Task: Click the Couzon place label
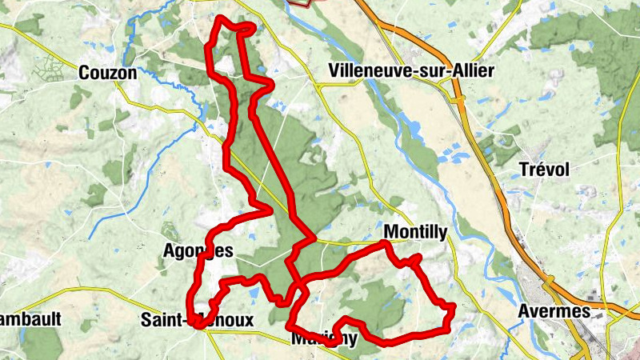pos(108,73)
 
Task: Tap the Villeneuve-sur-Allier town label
pos(411,71)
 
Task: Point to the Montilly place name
pos(415,231)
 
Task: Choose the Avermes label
pos(554,310)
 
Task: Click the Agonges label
pos(197,250)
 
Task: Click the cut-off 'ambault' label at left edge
pos(30,318)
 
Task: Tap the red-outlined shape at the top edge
pos(300,2)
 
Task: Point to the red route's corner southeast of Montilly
pos(450,307)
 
